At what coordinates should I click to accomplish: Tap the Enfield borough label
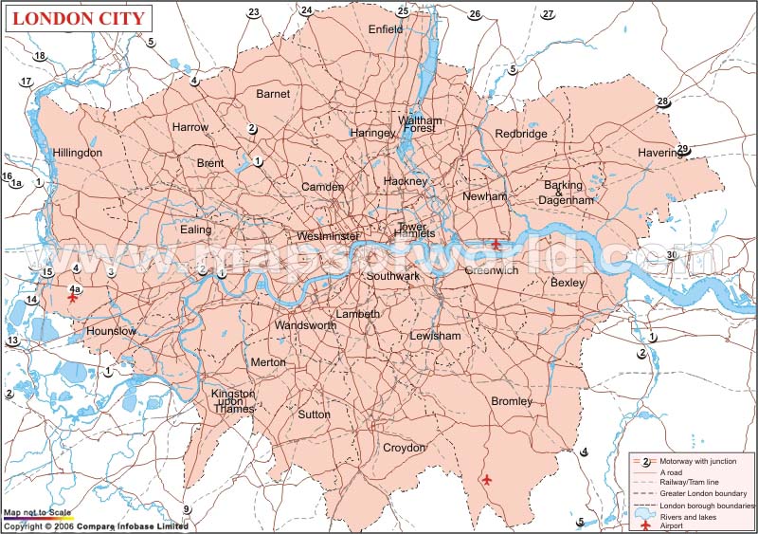386,29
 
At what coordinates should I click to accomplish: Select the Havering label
659,153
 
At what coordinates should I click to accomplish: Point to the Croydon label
405,448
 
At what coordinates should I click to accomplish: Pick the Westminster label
328,236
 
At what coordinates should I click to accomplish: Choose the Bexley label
568,283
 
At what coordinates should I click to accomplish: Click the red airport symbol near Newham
496,246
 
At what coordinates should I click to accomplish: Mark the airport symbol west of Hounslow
73,299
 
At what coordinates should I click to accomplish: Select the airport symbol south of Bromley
486,480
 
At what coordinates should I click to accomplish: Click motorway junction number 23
253,12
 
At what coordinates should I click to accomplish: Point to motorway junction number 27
548,13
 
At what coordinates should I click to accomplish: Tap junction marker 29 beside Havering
682,149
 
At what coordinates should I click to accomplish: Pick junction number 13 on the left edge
12,341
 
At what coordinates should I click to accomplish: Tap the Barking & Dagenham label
567,193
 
